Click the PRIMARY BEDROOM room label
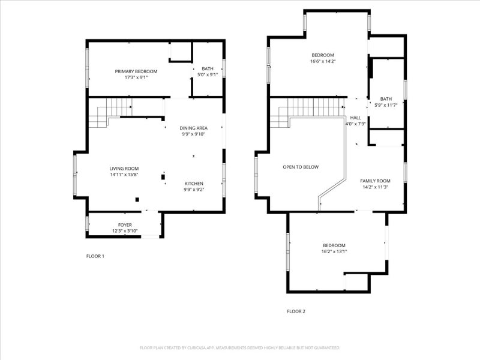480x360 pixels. (x=136, y=71)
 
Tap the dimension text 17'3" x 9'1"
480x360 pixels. (x=136, y=77)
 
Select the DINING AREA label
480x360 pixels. (x=193, y=128)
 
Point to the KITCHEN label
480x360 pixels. (x=194, y=184)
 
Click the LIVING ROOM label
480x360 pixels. (x=124, y=169)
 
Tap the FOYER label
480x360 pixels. (x=125, y=225)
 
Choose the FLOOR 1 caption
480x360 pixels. (x=95, y=256)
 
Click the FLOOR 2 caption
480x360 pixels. (x=296, y=311)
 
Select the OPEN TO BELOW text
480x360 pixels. (x=301, y=167)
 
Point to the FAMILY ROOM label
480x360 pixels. (x=376, y=181)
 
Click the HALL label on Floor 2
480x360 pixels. (x=355, y=118)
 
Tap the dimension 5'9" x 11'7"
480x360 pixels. (x=386, y=105)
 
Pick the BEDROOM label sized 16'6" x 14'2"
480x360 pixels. (x=323, y=55)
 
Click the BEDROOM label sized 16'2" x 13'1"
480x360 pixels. (x=334, y=245)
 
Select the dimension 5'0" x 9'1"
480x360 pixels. (x=208, y=74)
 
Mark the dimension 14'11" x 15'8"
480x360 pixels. (x=124, y=175)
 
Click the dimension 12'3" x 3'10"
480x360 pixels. (x=125, y=231)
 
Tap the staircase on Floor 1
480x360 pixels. (x=110, y=113)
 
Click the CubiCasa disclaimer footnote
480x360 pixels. (x=240, y=348)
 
